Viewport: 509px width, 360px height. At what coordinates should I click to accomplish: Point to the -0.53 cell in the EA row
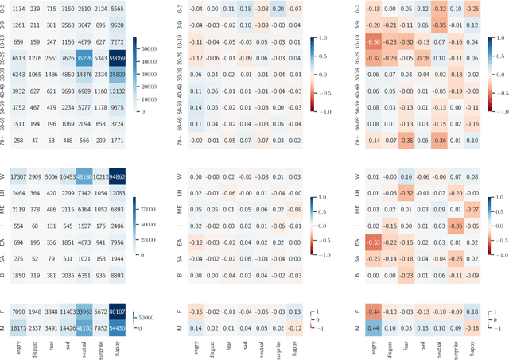[373, 242]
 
